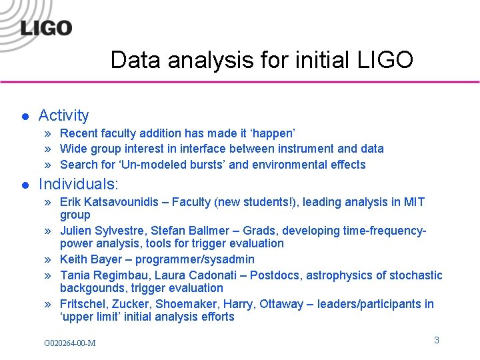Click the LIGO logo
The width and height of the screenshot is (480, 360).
pos(46,27)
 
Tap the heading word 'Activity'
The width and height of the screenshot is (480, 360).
pos(63,115)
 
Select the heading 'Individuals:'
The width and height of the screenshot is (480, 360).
pos(79,184)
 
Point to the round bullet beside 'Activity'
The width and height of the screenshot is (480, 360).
pos(24,117)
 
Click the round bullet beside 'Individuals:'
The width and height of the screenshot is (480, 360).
pos(24,185)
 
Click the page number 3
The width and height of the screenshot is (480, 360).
pos(436,340)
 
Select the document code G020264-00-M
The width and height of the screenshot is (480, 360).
pos(69,343)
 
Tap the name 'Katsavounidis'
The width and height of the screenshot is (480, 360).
pos(121,202)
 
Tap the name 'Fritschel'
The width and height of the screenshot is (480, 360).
pos(84,304)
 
